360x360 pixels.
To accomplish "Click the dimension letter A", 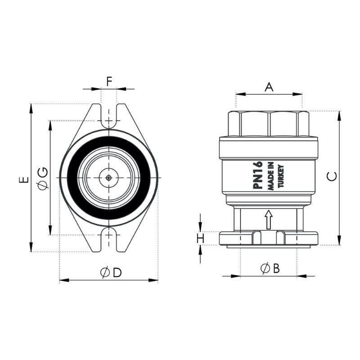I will pos(269,87).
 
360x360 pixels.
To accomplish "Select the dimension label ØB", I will pos(270,268).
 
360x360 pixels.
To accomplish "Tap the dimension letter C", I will pos(332,176).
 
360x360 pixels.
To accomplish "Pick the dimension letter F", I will pos(109,81).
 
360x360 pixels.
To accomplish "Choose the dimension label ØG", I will pos(43,178).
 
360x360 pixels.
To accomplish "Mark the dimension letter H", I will pos(201,238).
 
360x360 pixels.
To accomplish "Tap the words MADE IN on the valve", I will pos(271,176).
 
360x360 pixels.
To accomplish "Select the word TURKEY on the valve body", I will pos(281,176).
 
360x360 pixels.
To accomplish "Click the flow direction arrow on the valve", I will pos(269,220).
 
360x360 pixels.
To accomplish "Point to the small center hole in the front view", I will pos(109,178).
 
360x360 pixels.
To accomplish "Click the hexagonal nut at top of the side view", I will pos(269,123).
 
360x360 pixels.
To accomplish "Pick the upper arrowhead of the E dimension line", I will pos(31,108).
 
